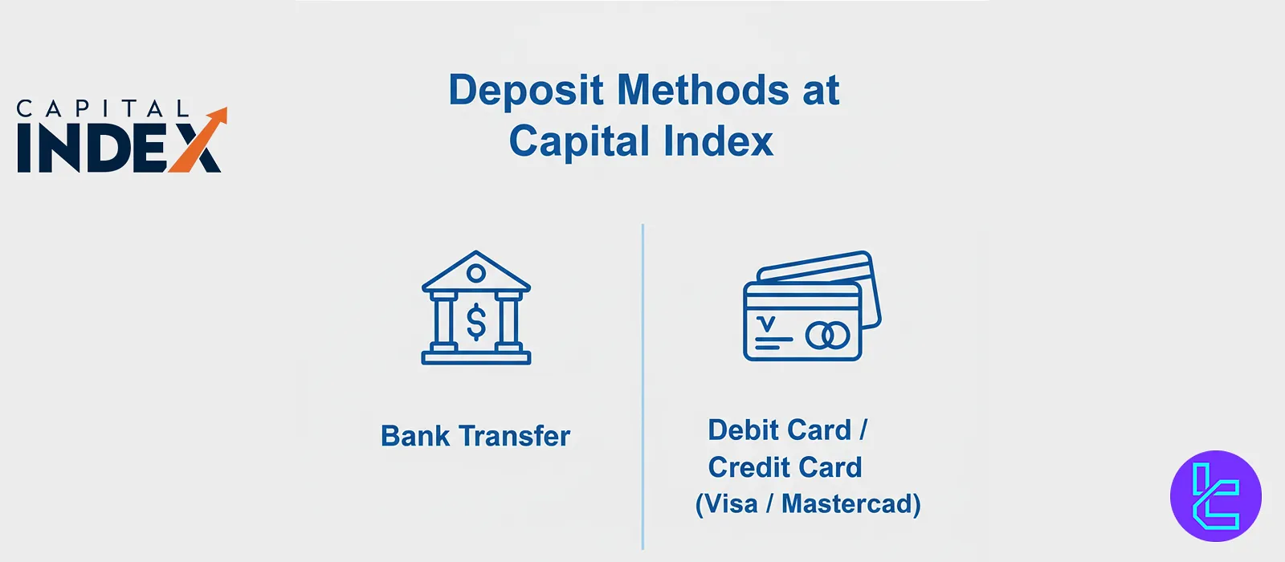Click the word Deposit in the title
526,91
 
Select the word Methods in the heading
704,90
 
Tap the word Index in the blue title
718,141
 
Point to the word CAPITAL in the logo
103,108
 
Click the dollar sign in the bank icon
476,322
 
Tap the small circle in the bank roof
475,273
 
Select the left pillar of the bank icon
444,320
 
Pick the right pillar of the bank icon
508,320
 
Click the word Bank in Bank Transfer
415,436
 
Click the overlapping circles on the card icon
827,336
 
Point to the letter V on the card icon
766,324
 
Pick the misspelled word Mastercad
846,504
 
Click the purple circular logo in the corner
1216,496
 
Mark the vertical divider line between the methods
642,386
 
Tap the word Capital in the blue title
580,141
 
